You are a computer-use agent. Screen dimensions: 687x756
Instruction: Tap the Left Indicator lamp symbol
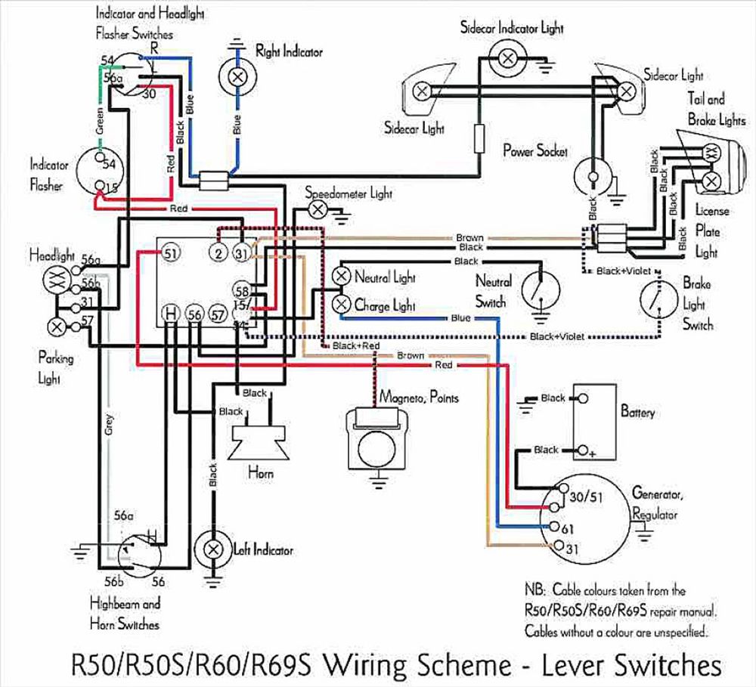point(214,549)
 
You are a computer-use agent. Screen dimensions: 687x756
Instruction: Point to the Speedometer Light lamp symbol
point(320,208)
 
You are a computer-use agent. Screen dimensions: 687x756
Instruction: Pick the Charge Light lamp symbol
point(342,305)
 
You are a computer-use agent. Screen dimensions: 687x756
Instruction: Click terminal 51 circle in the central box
point(170,253)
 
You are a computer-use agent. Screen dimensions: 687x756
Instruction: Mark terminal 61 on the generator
point(556,527)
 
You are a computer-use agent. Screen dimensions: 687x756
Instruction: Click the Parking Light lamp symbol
point(56,326)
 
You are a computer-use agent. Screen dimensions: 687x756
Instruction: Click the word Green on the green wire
point(100,122)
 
